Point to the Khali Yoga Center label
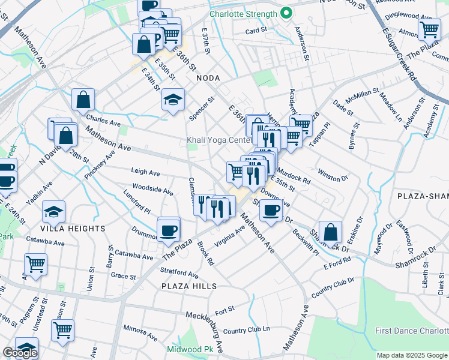pos(218,140)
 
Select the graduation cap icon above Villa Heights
pos(54,212)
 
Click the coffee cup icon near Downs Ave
pos(271,210)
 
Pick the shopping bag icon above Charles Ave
pos(83,100)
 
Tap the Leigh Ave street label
pos(145,172)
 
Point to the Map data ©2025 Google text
pos(412,355)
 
